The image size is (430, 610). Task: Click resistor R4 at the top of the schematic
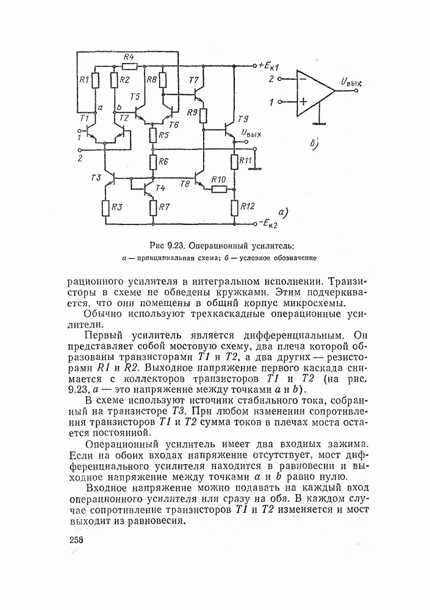(129, 65)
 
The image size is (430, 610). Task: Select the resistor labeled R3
(105, 207)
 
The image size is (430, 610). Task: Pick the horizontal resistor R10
(219, 188)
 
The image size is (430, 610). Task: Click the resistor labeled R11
(234, 161)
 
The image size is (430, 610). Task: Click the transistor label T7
(194, 81)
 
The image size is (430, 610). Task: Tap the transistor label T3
(95, 178)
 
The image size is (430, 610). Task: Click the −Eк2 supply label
(270, 223)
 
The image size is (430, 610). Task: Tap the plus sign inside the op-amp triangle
(301, 102)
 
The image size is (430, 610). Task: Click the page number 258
(76, 541)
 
